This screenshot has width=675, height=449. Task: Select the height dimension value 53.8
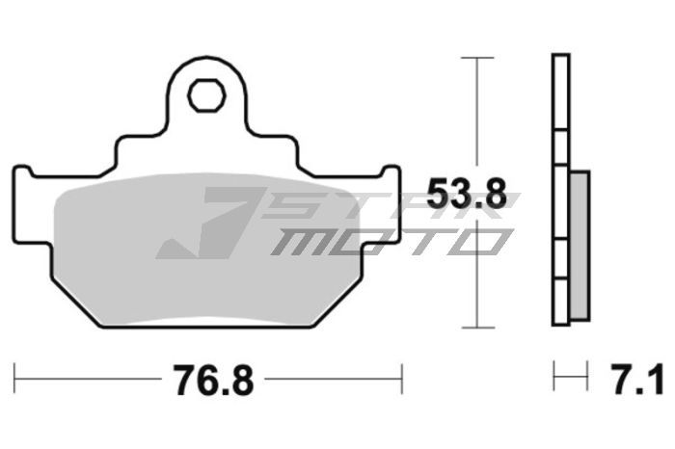tap(467, 196)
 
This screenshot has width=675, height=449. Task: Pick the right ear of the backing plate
tap(391, 183)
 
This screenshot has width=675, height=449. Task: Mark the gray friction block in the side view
tap(579, 246)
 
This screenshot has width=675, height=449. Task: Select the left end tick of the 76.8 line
tap(15, 379)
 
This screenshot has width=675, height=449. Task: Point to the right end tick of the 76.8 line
tap(401, 379)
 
